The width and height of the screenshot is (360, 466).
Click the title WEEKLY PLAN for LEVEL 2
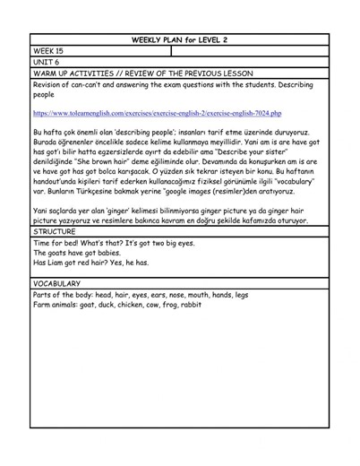[x=179, y=40]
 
